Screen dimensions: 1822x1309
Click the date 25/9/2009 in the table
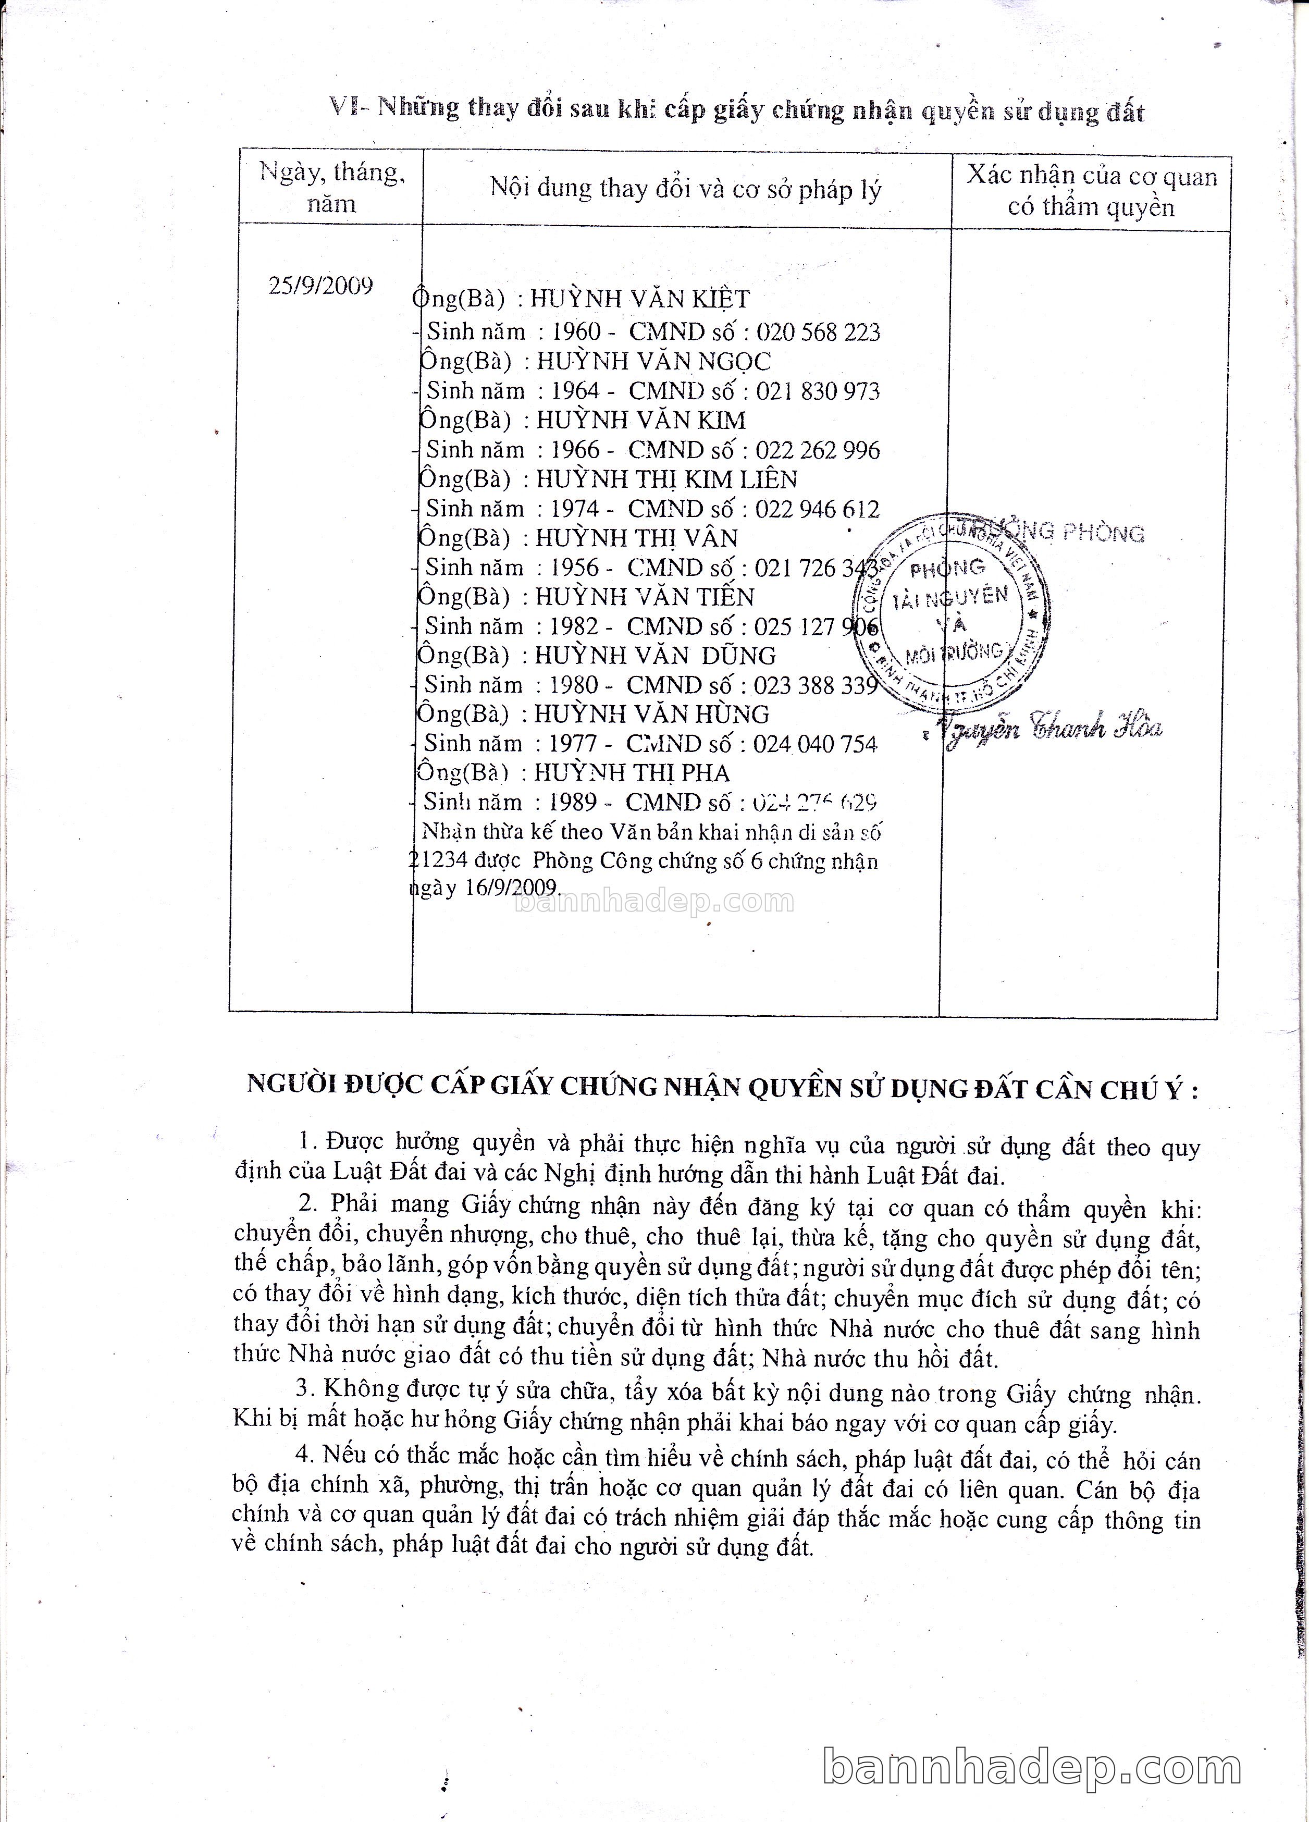point(320,286)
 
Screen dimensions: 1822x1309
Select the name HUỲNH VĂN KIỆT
point(639,300)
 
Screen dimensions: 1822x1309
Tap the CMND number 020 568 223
point(818,332)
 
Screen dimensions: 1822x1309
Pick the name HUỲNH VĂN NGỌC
point(653,362)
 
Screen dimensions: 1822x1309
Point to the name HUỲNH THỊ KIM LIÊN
point(666,479)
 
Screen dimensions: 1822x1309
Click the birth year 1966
point(575,450)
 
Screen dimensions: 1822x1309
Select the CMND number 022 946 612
point(817,509)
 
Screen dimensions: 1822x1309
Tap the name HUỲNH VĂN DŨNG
point(656,656)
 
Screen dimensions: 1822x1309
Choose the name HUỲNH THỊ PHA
point(632,773)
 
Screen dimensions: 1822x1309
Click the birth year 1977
point(573,744)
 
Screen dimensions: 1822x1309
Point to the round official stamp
point(953,613)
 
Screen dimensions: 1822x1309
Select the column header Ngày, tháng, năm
point(331,187)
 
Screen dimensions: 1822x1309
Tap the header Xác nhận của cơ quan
point(1091,176)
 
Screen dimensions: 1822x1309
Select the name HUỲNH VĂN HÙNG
point(651,714)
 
